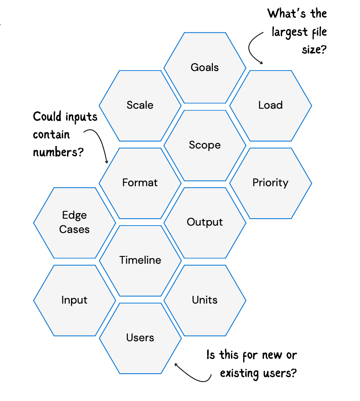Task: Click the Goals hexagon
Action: click(x=205, y=68)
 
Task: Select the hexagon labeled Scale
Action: click(x=140, y=105)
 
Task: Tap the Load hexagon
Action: click(x=270, y=105)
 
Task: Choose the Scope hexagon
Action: click(x=205, y=145)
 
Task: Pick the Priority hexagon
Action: click(x=270, y=183)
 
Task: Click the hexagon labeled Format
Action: click(x=140, y=183)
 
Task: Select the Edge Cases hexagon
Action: click(x=74, y=223)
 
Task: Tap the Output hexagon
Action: click(x=205, y=222)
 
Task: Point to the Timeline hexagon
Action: click(x=140, y=260)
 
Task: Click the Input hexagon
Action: click(x=74, y=300)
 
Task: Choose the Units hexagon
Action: click(x=205, y=300)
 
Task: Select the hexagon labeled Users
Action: click(x=140, y=338)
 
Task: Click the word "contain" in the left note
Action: click(x=51, y=134)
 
